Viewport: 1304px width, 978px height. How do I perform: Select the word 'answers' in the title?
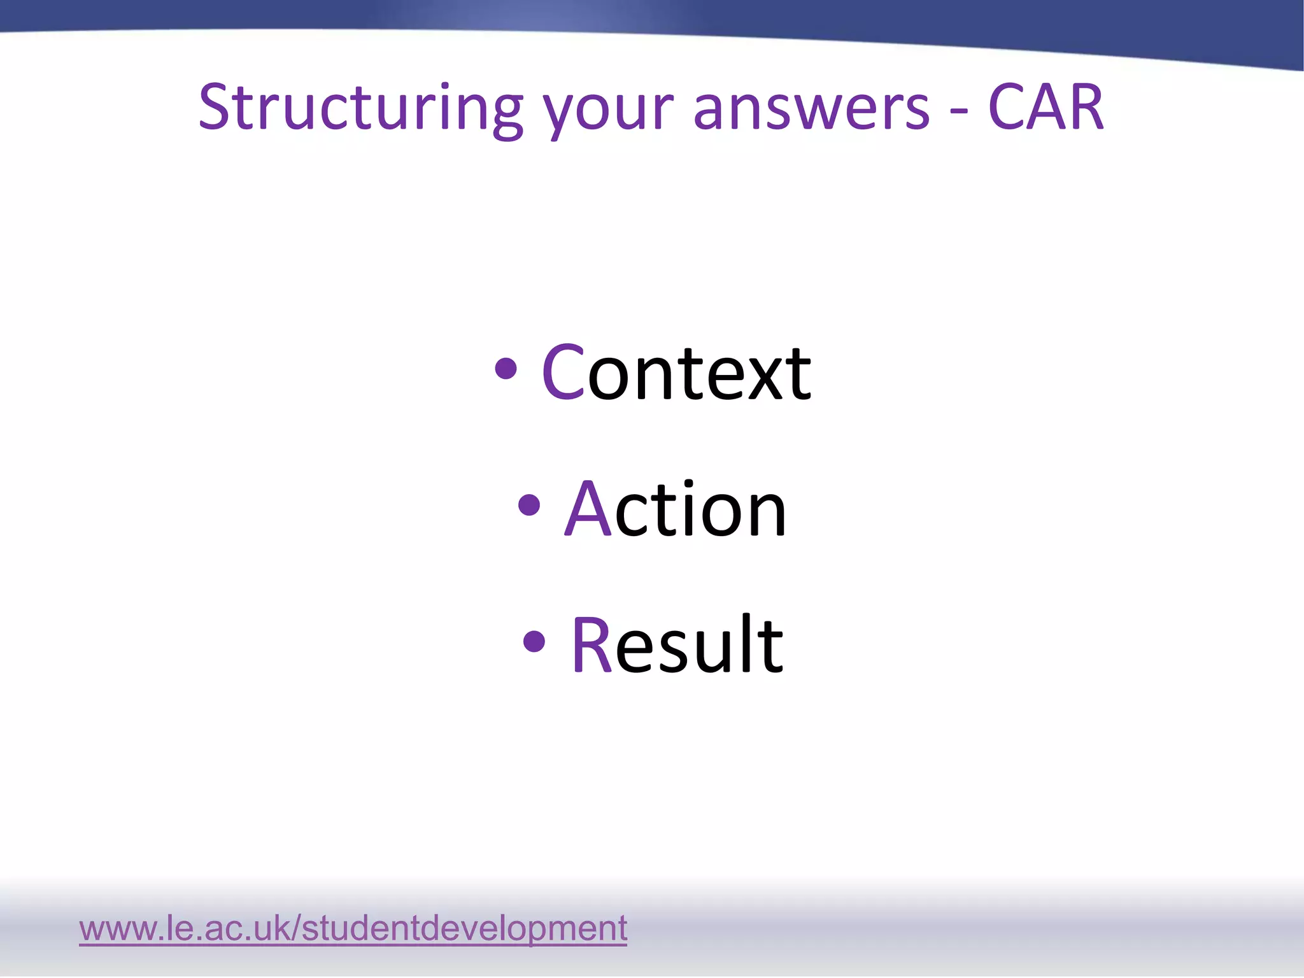click(811, 110)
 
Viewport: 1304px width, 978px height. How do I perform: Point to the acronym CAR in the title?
click(1045, 108)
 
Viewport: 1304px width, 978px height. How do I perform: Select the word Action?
click(676, 509)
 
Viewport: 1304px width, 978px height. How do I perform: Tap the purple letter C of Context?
click(563, 372)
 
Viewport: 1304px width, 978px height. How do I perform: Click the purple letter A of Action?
click(588, 509)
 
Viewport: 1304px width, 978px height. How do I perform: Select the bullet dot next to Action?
click(529, 506)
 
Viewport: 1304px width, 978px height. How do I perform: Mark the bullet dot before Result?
click(534, 642)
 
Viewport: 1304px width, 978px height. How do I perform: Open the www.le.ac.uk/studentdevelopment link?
click(353, 928)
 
